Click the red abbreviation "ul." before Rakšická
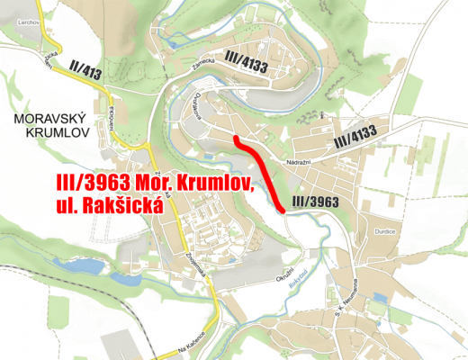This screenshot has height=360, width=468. (x=58, y=207)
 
